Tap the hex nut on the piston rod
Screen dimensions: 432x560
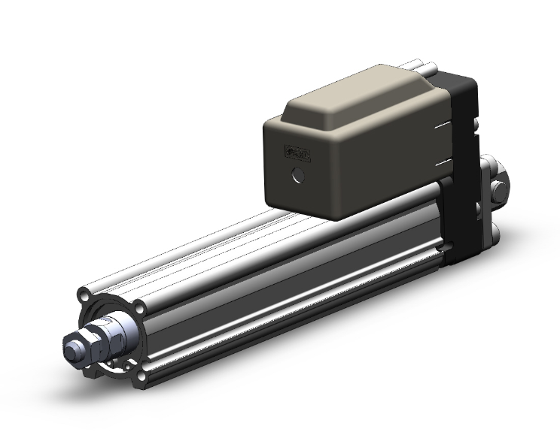pyautogui.click(x=96, y=340)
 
